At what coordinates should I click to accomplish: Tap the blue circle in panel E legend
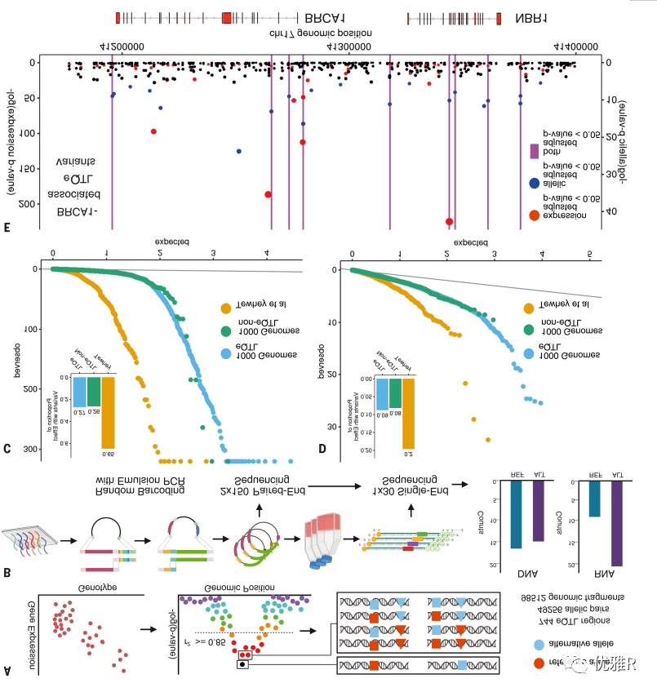534,184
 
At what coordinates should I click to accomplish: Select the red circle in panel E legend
534,215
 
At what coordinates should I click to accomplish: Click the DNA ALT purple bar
537,511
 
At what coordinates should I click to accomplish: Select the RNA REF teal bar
594,499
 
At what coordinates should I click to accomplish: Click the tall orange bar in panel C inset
108,412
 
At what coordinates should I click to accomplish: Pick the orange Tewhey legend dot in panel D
530,308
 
